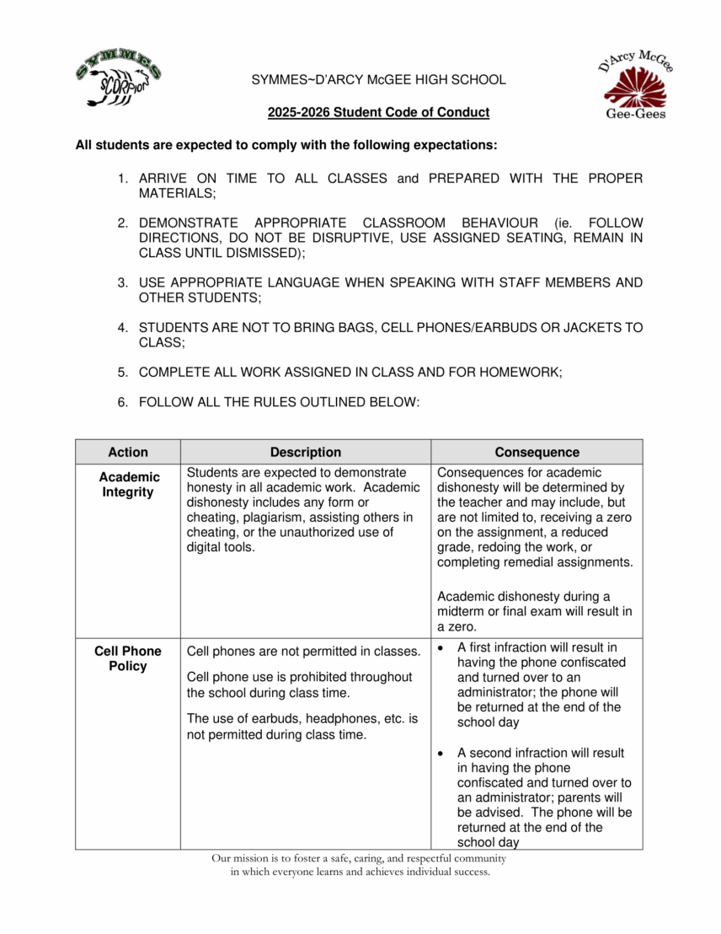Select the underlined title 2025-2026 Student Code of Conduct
pyautogui.click(x=378, y=112)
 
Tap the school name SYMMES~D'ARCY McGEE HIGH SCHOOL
pyautogui.click(x=378, y=80)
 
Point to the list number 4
pyautogui.click(x=122, y=327)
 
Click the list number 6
pyautogui.click(x=122, y=402)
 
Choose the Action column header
pyautogui.click(x=128, y=452)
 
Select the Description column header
pyautogui.click(x=306, y=452)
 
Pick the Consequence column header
pyautogui.click(x=537, y=452)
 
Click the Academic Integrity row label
pyautogui.click(x=128, y=485)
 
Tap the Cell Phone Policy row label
pyautogui.click(x=128, y=658)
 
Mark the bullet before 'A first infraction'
pyautogui.click(x=442, y=647)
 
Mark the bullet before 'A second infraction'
pyautogui.click(x=442, y=753)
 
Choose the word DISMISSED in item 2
pyautogui.click(x=264, y=253)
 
